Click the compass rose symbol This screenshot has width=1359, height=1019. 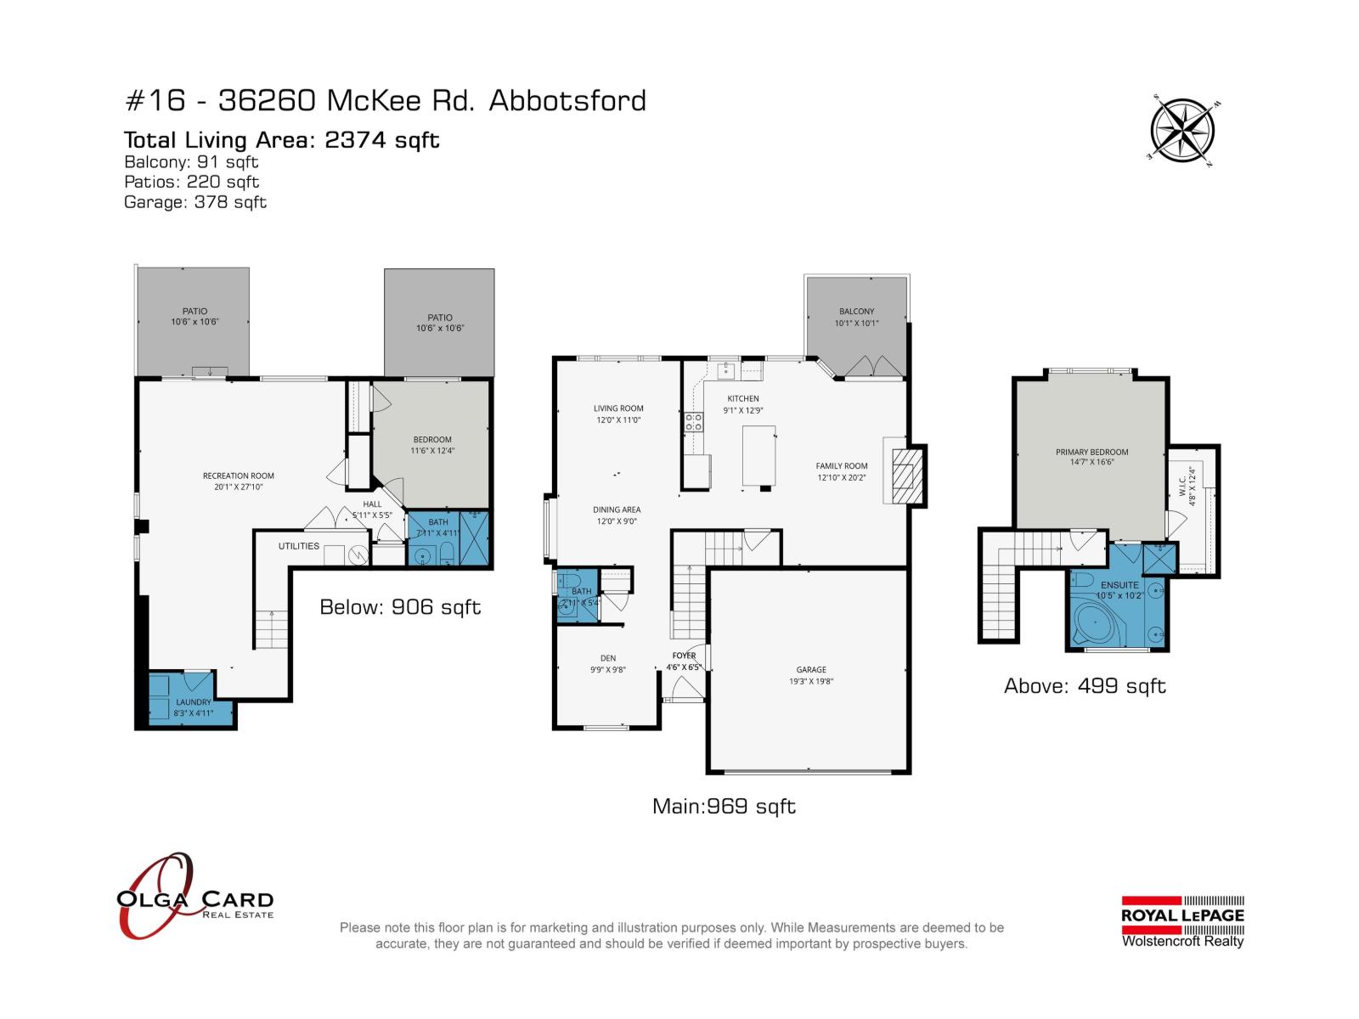[1181, 131]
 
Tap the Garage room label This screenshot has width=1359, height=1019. [811, 670]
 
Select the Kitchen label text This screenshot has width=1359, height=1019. [743, 398]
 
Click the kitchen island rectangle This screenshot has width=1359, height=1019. [759, 455]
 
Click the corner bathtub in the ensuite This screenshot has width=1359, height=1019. [1096, 624]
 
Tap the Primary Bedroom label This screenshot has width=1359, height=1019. [1091, 453]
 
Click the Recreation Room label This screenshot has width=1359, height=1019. [239, 476]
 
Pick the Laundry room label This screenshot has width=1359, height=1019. [194, 702]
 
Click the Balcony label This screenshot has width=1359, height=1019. [856, 312]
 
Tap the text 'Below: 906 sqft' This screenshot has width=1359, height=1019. [400, 607]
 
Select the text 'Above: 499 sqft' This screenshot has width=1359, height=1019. [1085, 686]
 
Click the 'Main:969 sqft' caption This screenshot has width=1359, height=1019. [724, 806]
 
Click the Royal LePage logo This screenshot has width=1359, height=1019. [1182, 920]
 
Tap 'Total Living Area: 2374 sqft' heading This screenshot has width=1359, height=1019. [281, 140]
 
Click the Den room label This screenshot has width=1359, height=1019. [608, 658]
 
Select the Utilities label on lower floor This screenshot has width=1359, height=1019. [299, 546]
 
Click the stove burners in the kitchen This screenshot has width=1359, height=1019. [693, 422]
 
